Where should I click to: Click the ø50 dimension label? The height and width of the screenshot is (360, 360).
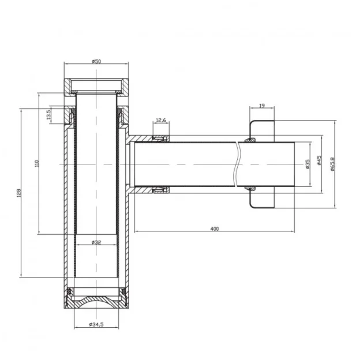tap(96, 61)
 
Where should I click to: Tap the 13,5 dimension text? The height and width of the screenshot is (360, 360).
tap(48, 114)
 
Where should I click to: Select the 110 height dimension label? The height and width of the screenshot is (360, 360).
tap(37, 163)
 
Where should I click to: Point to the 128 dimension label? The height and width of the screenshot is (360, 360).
tap(19, 193)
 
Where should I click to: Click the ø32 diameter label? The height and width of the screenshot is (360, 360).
tap(96, 242)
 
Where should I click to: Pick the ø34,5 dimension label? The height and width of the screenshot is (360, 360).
tap(96, 324)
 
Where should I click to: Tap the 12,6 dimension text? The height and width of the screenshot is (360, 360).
tap(161, 120)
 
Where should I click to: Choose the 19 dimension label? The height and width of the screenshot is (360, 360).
tap(262, 106)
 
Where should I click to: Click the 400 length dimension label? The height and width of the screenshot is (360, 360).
tap(215, 228)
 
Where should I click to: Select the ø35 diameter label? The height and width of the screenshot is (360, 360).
tap(308, 164)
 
